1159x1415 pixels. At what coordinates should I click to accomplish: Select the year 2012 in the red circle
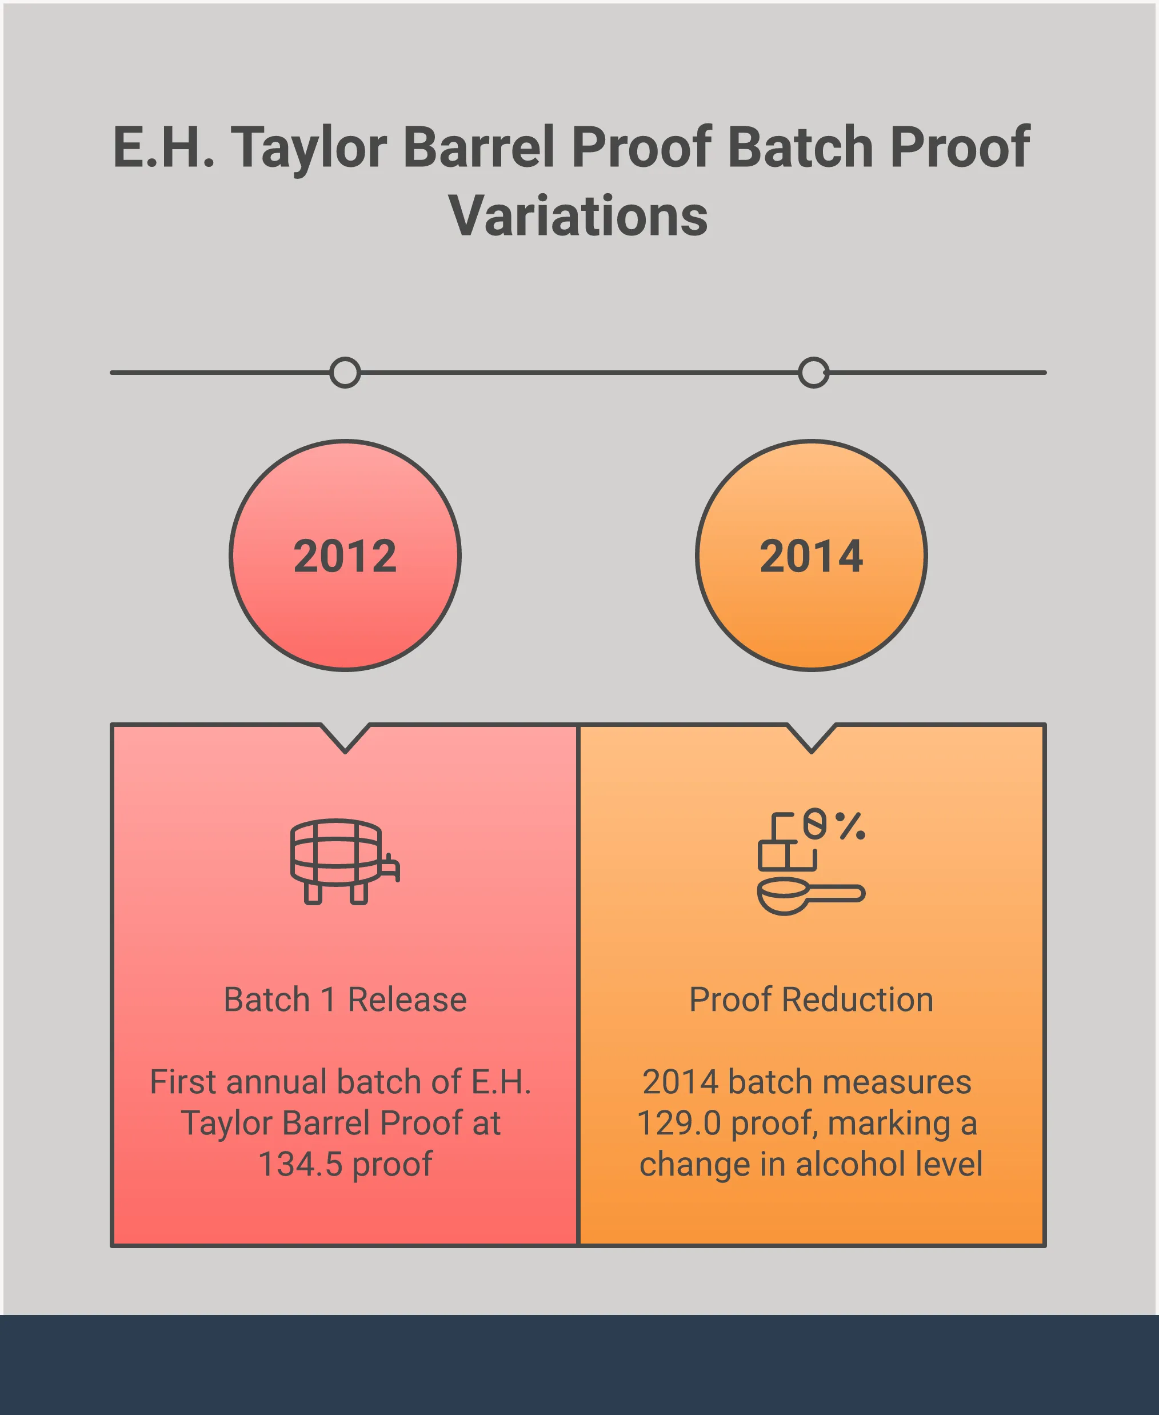(345, 556)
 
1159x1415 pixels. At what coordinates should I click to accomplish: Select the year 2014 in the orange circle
(811, 556)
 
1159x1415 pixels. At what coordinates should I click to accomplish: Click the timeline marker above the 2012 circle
(345, 373)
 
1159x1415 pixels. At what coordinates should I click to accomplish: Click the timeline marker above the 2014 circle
(813, 373)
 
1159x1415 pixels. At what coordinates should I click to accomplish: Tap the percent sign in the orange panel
(850, 826)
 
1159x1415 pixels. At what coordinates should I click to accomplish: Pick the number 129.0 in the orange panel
(679, 1122)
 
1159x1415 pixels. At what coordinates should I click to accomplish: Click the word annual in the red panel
(277, 1082)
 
